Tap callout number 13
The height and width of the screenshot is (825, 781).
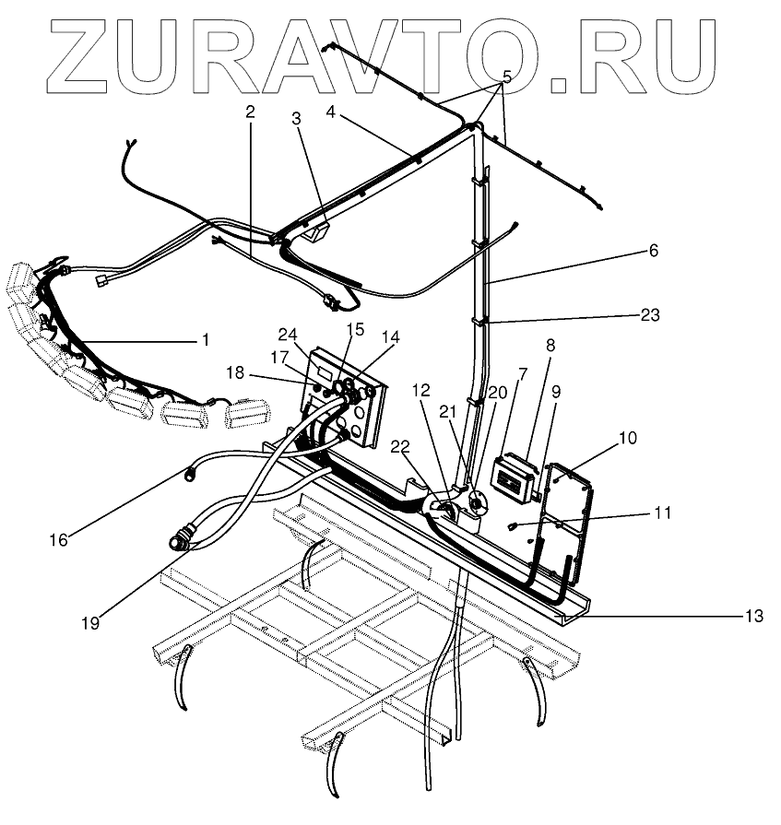click(753, 616)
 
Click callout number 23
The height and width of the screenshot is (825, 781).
click(651, 315)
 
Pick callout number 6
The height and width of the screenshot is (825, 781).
click(654, 250)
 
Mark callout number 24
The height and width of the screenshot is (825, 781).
click(288, 334)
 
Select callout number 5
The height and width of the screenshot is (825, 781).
click(506, 76)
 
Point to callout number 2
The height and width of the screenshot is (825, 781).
click(249, 112)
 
